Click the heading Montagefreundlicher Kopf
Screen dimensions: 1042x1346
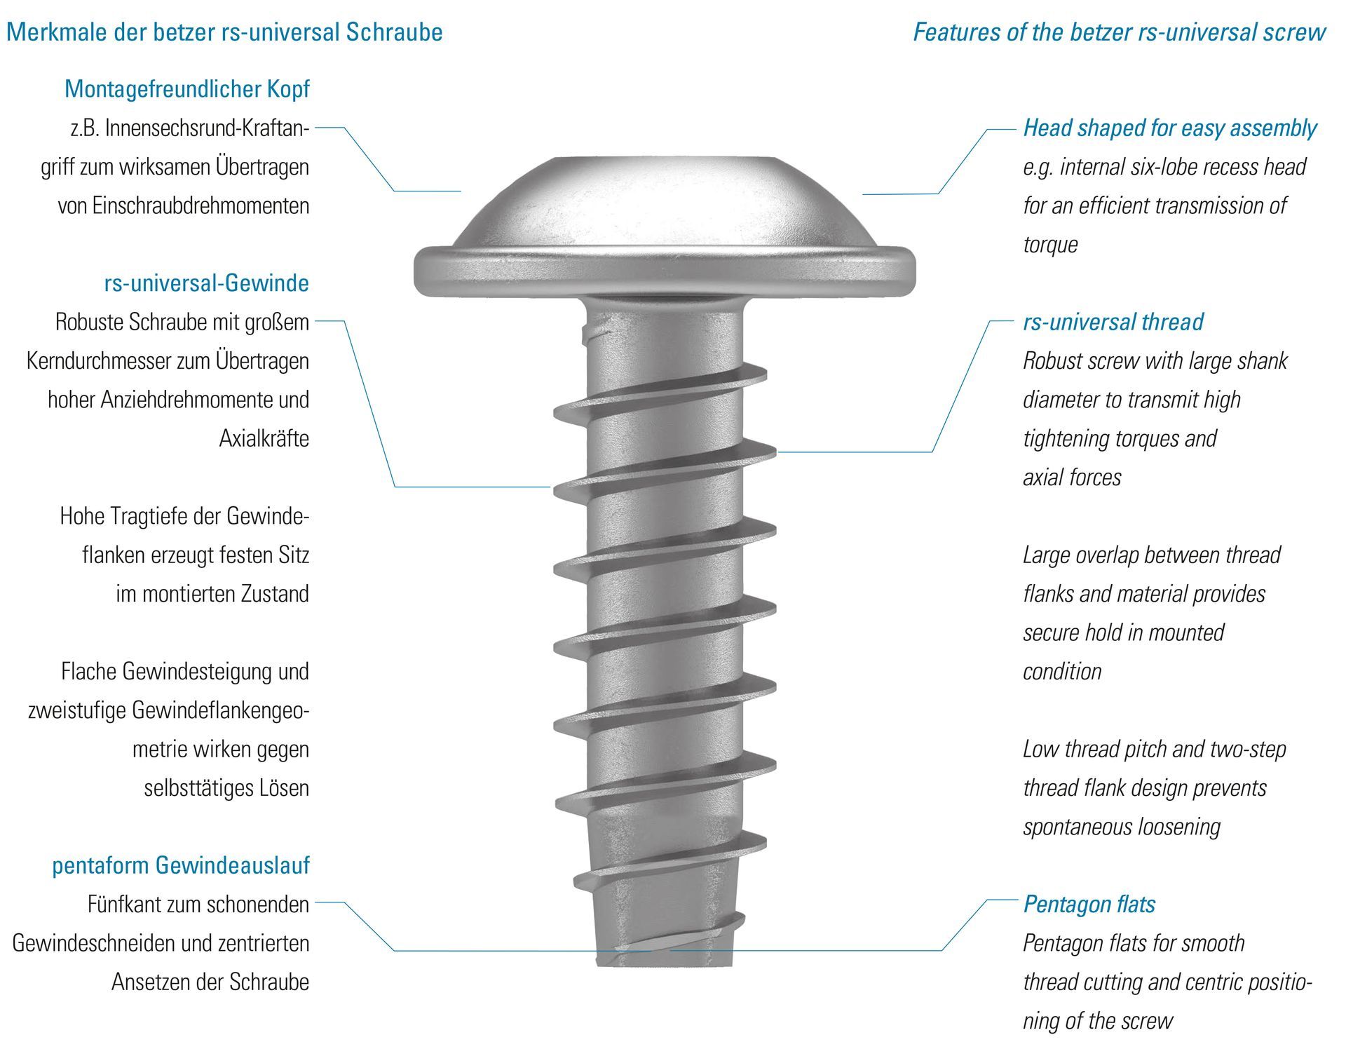coord(186,89)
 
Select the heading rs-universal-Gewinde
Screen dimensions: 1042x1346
coord(206,283)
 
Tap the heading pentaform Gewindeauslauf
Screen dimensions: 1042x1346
coord(180,865)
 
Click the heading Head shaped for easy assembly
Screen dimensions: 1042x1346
coord(1169,128)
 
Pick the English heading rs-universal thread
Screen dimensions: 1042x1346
coord(1113,322)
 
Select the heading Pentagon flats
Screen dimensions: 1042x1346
coord(1089,904)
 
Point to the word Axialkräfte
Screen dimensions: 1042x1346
coord(264,438)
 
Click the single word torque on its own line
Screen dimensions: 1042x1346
coord(1049,245)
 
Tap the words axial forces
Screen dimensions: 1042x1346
coord(1071,478)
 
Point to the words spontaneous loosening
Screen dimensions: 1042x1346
coord(1121,827)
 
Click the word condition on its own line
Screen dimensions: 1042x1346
coord(1061,672)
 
